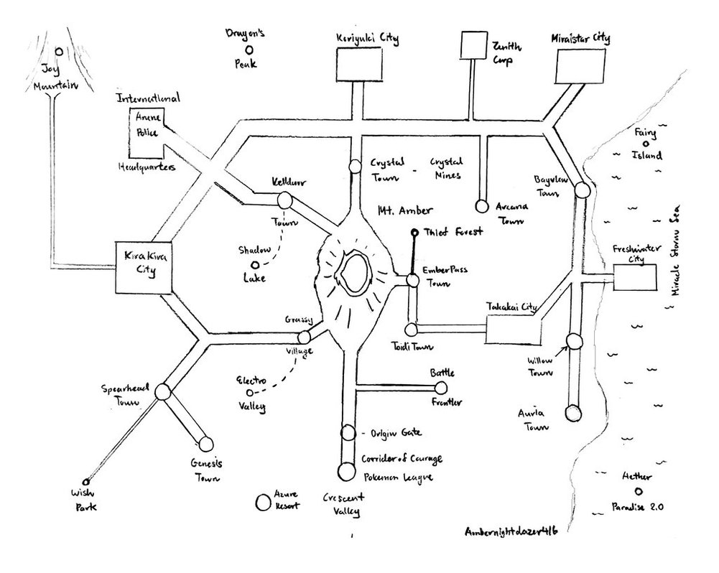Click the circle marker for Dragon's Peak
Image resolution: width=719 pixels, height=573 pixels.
(x=249, y=50)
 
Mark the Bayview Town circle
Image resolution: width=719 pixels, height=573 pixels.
(x=582, y=190)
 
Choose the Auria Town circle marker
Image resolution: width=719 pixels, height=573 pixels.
(x=572, y=413)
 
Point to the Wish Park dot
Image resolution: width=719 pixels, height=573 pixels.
(x=85, y=482)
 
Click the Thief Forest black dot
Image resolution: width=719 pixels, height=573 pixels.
(x=414, y=233)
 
